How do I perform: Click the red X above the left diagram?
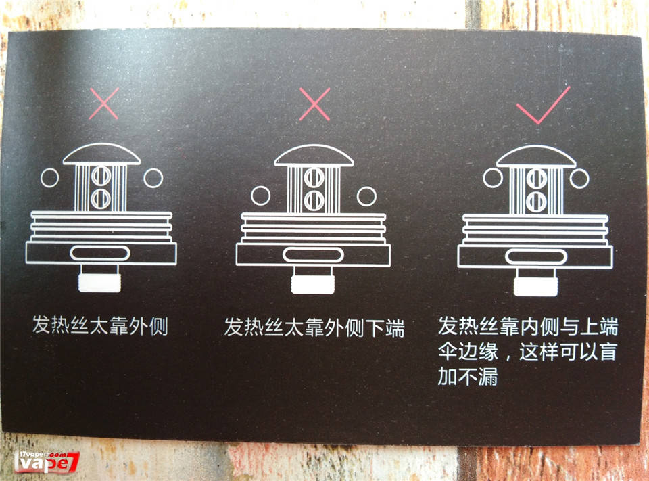[104, 103]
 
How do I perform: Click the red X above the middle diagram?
[314, 104]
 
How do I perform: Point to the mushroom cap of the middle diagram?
[314, 156]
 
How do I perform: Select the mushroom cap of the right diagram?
[536, 156]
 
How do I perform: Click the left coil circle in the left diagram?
[49, 178]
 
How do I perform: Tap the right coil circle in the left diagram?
[153, 178]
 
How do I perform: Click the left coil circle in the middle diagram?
[261, 196]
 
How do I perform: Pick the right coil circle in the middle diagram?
[366, 196]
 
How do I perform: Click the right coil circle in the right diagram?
[579, 179]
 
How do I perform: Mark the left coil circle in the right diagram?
[493, 178]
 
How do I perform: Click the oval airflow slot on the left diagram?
[100, 253]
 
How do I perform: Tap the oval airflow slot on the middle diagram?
[313, 255]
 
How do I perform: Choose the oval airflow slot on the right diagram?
[536, 257]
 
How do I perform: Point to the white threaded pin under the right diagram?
[535, 287]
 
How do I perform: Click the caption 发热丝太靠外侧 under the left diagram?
[100, 325]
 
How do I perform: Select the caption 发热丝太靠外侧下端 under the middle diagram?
[314, 327]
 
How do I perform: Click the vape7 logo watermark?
[46, 462]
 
